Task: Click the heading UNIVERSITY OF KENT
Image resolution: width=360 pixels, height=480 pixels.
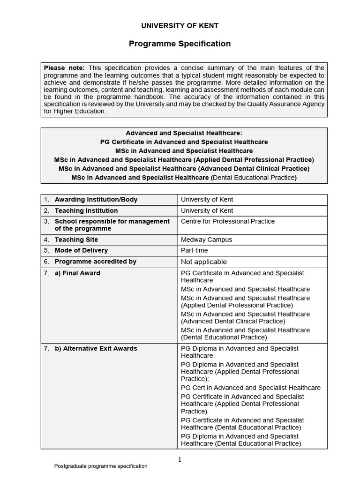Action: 180,26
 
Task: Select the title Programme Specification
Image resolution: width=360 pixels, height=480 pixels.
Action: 180,44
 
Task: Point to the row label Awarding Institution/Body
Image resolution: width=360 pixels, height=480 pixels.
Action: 96,199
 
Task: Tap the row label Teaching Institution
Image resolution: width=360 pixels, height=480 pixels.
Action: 86,210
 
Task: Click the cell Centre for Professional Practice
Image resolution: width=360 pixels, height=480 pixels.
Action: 228,221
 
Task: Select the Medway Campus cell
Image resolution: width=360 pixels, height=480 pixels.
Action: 206,240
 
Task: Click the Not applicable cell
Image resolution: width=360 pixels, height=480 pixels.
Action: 203,262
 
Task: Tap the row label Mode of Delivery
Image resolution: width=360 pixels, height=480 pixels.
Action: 81,250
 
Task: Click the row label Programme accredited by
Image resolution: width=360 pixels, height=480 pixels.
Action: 96,261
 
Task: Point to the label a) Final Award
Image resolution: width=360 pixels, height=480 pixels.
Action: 77,273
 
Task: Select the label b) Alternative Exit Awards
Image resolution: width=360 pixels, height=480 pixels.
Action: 96,348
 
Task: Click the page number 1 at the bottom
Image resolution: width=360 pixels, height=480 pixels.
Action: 180,460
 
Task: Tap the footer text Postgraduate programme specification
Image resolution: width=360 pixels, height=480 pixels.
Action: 101,466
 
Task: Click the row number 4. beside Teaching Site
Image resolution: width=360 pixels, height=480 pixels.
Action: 47,240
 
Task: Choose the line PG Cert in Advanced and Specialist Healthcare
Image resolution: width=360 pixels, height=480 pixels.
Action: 251,388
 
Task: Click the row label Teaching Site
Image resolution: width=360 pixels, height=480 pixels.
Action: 76,240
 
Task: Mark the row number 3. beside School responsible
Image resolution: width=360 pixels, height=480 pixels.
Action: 47,221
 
